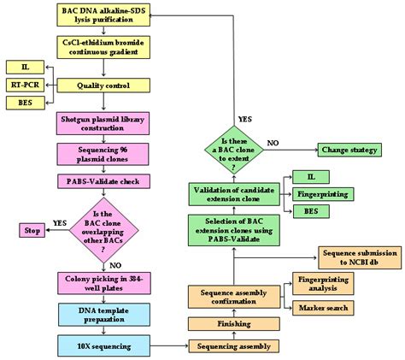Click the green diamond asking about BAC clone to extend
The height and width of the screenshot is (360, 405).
pos(233,151)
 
